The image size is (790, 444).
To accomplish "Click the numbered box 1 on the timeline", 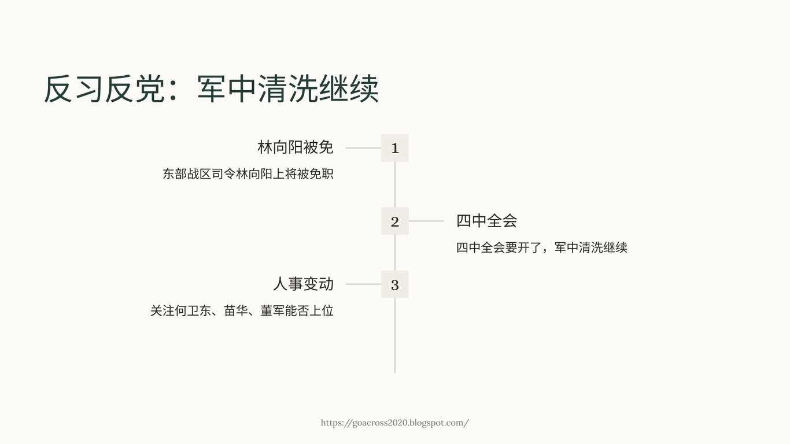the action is tap(395, 148).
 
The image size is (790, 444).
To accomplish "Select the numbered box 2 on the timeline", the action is tap(395, 221).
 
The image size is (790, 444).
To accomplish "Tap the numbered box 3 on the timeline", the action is tap(395, 284).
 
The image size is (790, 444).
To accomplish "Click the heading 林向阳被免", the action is tap(296, 147).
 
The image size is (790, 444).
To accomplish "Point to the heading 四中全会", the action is tap(486, 220).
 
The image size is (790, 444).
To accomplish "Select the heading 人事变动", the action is tap(303, 284).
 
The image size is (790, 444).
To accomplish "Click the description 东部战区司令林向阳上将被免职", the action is tap(248, 174).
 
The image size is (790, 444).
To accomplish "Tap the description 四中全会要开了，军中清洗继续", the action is tap(541, 247).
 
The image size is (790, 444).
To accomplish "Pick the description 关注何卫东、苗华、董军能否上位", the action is tap(242, 311).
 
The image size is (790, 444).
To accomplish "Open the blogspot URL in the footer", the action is tap(395, 423).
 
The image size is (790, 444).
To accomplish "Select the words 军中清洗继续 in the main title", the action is tap(288, 90).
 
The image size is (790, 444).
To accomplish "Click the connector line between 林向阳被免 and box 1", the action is tap(363, 148).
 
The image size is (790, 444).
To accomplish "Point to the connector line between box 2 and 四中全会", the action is tap(426, 221).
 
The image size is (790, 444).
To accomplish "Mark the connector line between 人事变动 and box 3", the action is tap(363, 284).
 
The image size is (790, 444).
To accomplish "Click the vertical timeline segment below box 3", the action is tap(395, 335).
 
